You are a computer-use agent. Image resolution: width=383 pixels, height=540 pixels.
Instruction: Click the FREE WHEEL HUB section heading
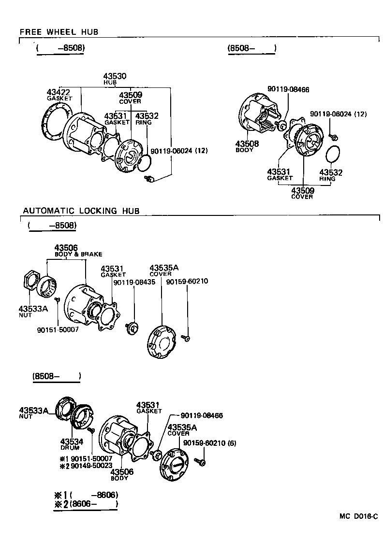[x=59, y=32]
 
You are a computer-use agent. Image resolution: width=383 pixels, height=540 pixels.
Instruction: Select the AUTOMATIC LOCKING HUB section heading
[x=81, y=211]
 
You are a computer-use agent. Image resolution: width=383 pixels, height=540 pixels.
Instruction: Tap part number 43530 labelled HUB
[x=115, y=76]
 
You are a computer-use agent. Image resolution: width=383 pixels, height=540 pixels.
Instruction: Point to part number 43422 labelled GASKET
[x=59, y=92]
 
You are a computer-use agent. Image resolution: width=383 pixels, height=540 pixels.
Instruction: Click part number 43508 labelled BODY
[x=247, y=144]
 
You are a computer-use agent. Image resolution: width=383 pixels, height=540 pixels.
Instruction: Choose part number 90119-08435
[x=134, y=282]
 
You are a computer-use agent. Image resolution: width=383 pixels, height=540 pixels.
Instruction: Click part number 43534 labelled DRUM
[x=72, y=441]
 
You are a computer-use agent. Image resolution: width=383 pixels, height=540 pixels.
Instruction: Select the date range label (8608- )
[x=56, y=376]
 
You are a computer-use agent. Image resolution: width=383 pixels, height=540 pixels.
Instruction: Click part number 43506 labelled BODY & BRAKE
[x=66, y=248]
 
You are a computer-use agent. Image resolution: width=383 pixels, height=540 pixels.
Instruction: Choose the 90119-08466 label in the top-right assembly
[x=288, y=89]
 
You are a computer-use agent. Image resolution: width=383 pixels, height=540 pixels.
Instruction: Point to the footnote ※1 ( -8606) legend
[x=86, y=495]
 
